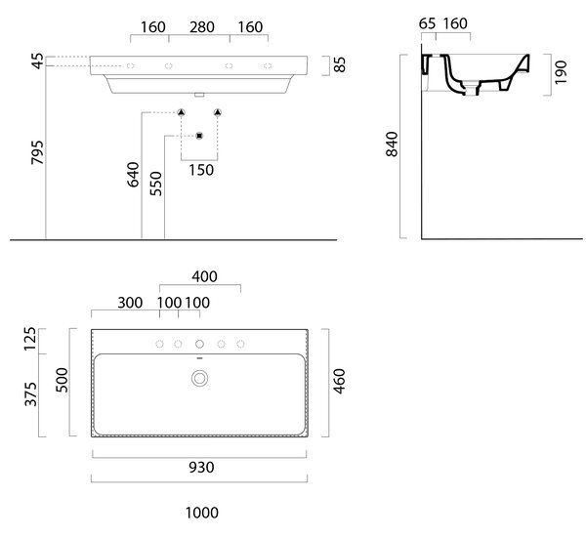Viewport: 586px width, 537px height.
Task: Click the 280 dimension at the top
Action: click(x=202, y=27)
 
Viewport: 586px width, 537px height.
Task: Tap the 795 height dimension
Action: click(x=38, y=152)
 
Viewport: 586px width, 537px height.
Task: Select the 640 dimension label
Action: click(x=133, y=174)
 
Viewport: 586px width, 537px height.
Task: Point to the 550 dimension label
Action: click(x=156, y=184)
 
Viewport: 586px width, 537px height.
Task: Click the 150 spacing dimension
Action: click(x=201, y=170)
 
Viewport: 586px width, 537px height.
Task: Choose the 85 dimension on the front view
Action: click(x=340, y=64)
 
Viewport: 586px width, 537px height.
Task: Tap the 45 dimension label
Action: click(x=38, y=62)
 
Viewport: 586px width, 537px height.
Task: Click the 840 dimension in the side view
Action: click(x=392, y=144)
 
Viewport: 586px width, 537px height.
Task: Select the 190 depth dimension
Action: click(x=561, y=72)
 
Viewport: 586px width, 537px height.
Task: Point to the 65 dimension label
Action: click(x=427, y=23)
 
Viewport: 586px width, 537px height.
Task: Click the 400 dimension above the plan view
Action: click(x=204, y=276)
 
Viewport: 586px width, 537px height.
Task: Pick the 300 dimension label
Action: click(x=130, y=303)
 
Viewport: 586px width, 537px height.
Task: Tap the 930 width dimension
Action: click(x=201, y=468)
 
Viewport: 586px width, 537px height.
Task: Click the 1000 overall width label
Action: click(x=202, y=513)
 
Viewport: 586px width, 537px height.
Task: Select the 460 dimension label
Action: click(x=339, y=381)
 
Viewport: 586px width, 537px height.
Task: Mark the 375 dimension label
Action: click(x=30, y=394)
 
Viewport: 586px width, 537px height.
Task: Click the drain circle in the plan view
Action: click(x=199, y=379)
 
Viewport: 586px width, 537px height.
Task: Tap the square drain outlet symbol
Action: click(x=199, y=136)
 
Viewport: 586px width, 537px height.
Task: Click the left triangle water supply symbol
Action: click(x=182, y=112)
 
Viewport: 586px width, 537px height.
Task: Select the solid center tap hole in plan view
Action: click(x=199, y=344)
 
